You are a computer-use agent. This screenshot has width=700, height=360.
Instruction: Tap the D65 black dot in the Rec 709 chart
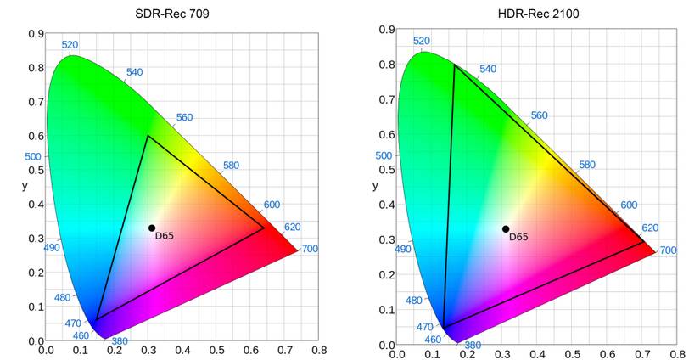point(152,228)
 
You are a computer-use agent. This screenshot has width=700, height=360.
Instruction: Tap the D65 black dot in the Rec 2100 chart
point(506,228)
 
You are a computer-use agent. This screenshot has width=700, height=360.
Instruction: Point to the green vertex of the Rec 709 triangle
point(148,136)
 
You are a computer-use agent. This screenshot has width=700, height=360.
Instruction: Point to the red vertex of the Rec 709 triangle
point(265,228)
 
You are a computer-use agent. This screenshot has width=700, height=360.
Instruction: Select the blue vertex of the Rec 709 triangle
point(97,319)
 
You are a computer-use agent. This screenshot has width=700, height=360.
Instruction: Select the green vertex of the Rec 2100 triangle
point(456,65)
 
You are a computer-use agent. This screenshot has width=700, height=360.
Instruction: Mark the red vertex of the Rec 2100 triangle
point(644,243)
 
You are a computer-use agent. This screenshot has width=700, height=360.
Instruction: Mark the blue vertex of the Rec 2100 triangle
point(443,328)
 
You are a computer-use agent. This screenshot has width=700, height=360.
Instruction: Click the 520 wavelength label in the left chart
point(70,45)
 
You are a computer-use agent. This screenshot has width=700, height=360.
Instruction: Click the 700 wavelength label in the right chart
point(668,250)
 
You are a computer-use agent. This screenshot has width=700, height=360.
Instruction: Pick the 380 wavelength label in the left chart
point(120,341)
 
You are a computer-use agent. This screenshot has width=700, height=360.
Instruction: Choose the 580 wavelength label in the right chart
point(586,165)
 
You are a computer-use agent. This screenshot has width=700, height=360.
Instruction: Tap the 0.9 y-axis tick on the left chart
point(36,34)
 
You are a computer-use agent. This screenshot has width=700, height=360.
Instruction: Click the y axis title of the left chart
point(25,185)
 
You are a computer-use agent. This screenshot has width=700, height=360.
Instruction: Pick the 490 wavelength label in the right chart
point(403,250)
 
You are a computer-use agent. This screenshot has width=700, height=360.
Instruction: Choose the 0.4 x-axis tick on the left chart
point(182,350)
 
